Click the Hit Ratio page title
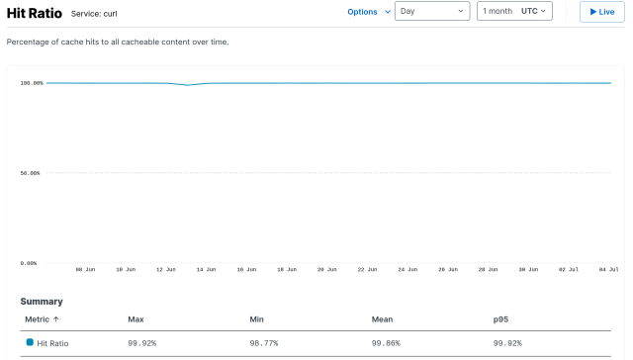coord(36,13)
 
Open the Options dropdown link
coord(362,12)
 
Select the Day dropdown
coord(432,12)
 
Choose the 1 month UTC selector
coord(514,12)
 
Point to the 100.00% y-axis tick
coord(32,83)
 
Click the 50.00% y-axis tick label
coord(32,173)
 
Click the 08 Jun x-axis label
coord(85,269)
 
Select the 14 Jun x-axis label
coord(206,269)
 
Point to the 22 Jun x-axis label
coord(367,269)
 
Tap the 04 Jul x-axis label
coord(608,269)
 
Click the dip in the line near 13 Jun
coord(187,85)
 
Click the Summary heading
coord(42,302)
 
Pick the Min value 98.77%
coord(265,342)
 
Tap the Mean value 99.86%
coord(387,342)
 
